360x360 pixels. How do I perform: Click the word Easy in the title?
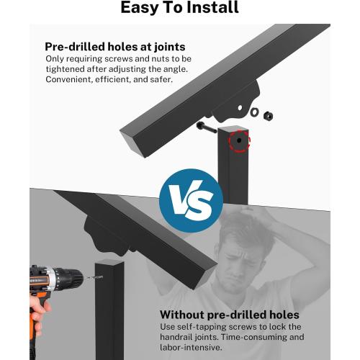pyautogui.click(x=140, y=8)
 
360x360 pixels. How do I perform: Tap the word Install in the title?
pyautogui.click(x=212, y=7)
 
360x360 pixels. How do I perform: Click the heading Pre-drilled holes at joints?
pyautogui.click(x=115, y=47)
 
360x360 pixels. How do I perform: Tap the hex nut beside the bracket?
pyautogui.click(x=268, y=116)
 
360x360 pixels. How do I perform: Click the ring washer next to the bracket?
pyautogui.click(x=254, y=112)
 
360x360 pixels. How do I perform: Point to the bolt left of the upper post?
pyautogui.click(x=207, y=128)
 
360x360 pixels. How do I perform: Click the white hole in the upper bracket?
pyautogui.click(x=240, y=108)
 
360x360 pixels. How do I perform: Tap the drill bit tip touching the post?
pyautogui.click(x=102, y=277)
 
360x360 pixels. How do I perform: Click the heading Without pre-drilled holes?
pyautogui.click(x=230, y=315)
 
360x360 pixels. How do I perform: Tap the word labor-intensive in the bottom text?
pyautogui.click(x=191, y=347)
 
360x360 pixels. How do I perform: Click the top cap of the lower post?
pyautogui.click(x=109, y=262)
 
